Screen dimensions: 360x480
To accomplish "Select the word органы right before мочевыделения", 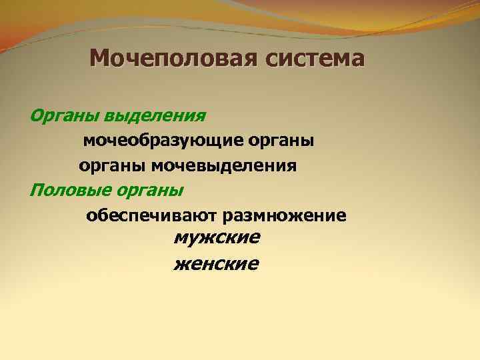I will coord(114,165).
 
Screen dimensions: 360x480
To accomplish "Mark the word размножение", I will coord(287,216).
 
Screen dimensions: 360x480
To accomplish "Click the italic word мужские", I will coord(217,237).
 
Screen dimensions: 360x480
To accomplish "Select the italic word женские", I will coord(216,264).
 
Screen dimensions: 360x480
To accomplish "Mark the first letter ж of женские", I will coord(181,264).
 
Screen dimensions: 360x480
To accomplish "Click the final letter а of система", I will coord(358,59).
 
